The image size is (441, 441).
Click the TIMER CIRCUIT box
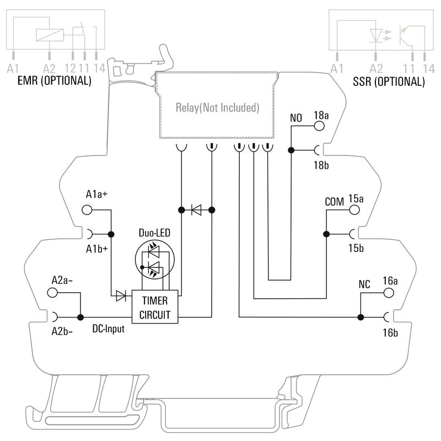point(155,308)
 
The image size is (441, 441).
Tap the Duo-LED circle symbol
point(154,261)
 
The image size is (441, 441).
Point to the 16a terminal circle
point(390,293)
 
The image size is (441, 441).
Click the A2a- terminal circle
point(54,293)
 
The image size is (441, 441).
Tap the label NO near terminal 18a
point(297,117)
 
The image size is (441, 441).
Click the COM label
point(335,201)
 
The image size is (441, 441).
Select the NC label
point(364,285)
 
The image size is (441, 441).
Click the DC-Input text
point(108,329)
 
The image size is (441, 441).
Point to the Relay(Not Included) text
point(217,107)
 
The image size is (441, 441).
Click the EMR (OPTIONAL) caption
point(54,81)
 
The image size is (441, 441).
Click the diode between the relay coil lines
point(196,209)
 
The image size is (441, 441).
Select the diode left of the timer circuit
point(120,297)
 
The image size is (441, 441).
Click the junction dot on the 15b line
point(326,234)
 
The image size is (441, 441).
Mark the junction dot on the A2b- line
point(80,317)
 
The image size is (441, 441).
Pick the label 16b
point(390,333)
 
